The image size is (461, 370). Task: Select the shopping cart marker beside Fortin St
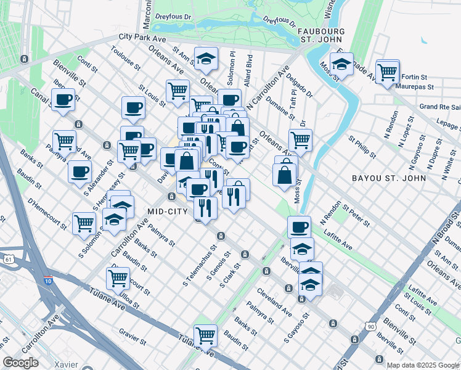pyautogui.click(x=388, y=72)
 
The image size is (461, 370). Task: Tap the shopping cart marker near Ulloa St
pyautogui.click(x=118, y=278)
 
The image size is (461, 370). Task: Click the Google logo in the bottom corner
pyautogui.click(x=21, y=363)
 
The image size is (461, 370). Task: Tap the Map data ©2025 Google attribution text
pyautogui.click(x=423, y=365)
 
